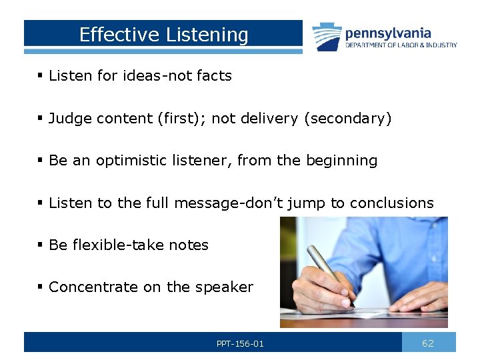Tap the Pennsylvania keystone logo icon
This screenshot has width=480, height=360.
click(x=327, y=36)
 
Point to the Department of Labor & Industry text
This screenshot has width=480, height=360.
click(x=401, y=45)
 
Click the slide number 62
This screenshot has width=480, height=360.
click(x=428, y=343)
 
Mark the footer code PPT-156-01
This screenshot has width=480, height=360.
click(x=240, y=344)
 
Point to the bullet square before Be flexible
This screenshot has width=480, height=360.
click(x=41, y=245)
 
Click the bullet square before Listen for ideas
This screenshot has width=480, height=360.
click(x=41, y=76)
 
